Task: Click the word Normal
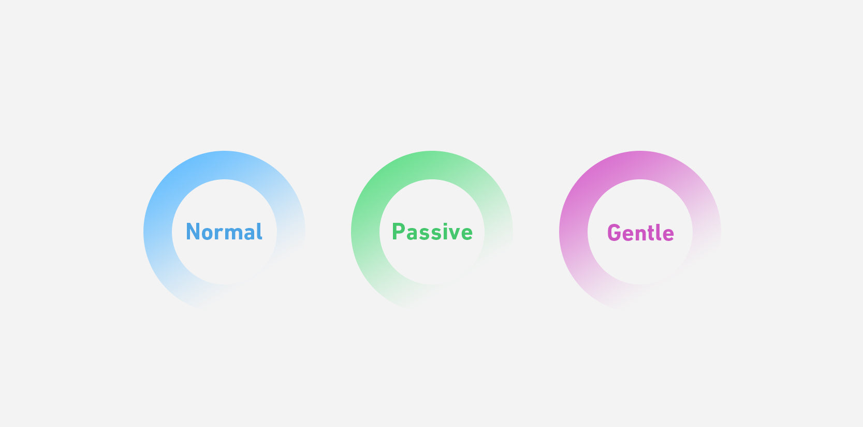pos(224,232)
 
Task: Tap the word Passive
pos(432,232)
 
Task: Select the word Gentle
pos(640,233)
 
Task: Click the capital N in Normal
pos(194,232)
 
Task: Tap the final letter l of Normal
pos(260,232)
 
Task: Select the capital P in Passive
pos(398,232)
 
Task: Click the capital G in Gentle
pos(614,233)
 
